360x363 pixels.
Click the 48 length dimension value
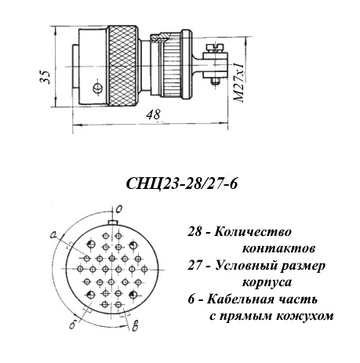click(154, 114)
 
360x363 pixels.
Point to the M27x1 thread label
click(238, 82)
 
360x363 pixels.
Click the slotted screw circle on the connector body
click(97, 88)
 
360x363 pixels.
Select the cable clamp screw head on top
click(215, 46)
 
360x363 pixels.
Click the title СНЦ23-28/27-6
click(182, 183)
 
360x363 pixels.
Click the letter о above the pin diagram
click(119, 209)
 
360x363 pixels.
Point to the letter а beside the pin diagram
click(54, 235)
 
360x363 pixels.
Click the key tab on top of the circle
click(113, 223)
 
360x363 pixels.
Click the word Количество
click(253, 232)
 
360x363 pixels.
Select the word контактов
click(278, 249)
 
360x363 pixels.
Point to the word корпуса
click(267, 283)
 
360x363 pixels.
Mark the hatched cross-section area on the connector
click(160, 38)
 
